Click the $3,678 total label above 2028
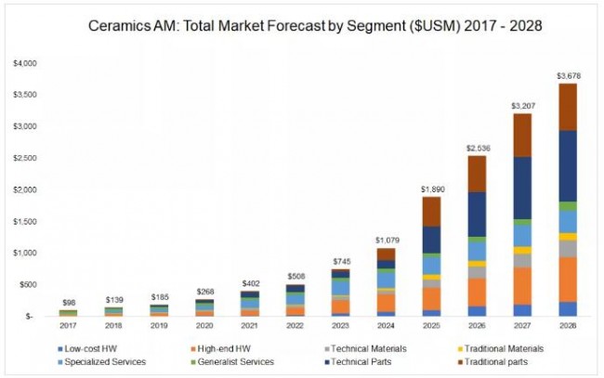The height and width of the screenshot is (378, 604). tap(566, 75)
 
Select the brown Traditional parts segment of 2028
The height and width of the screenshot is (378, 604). tap(566, 107)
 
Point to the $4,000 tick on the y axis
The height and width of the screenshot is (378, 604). tap(25, 63)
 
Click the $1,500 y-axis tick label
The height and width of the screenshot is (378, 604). tap(25, 221)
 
